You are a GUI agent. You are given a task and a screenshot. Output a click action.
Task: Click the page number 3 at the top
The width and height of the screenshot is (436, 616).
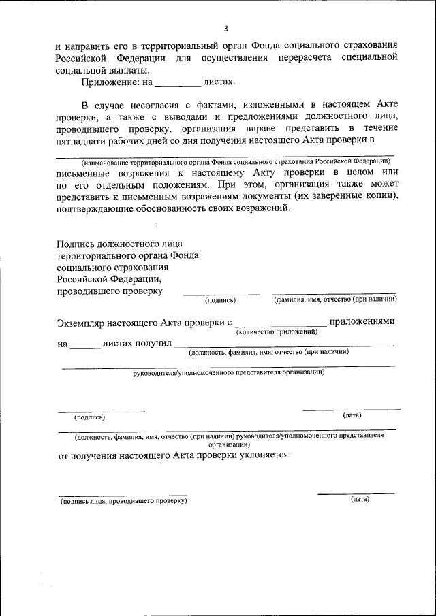point(225,28)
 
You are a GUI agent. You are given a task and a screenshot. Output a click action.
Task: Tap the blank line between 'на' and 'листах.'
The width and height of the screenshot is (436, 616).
point(178,86)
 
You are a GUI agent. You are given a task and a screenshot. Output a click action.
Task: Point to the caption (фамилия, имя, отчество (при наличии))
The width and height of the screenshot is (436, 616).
point(335,299)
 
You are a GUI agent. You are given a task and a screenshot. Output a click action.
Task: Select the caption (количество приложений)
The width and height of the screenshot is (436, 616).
point(277,331)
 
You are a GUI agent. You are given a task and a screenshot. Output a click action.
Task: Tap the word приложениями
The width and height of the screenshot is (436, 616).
point(362,321)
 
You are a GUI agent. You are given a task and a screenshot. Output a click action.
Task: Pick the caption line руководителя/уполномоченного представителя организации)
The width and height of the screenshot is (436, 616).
point(228,372)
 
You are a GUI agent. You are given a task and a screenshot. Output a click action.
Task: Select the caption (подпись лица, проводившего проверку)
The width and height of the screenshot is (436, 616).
point(123,500)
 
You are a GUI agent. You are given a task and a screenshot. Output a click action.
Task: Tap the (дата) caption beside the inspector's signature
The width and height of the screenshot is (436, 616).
point(360,499)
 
